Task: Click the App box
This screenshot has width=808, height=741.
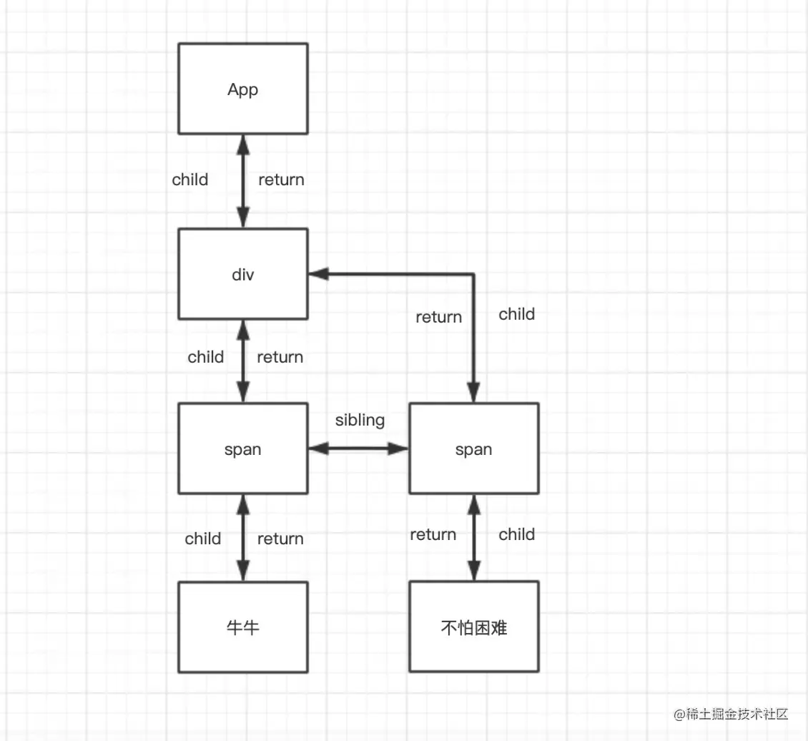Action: [x=243, y=89]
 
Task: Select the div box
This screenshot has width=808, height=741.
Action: [x=243, y=274]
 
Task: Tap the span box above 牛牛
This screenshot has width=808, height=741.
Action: [x=243, y=449]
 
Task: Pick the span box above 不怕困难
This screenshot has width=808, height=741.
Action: [x=473, y=449]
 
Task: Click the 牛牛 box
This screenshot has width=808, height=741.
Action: [x=243, y=627]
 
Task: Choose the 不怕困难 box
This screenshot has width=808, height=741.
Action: [x=473, y=627]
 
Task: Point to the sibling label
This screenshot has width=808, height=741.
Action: [x=360, y=420]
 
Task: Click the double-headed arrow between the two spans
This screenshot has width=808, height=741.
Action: [x=358, y=449]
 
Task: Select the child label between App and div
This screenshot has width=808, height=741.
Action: [x=190, y=180]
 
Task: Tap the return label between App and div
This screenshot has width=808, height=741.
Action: [x=281, y=180]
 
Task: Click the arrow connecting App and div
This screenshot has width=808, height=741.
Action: [x=243, y=181]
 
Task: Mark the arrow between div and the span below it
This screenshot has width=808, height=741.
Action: [x=243, y=361]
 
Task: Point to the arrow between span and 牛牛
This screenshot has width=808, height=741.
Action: [x=243, y=538]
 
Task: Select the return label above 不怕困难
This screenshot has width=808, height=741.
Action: [x=433, y=534]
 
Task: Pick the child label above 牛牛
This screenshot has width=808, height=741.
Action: [x=203, y=539]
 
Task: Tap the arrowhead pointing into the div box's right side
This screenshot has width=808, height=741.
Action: [x=317, y=274]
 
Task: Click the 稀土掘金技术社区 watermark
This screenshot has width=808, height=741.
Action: [x=730, y=714]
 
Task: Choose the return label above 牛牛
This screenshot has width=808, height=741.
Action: [x=280, y=539]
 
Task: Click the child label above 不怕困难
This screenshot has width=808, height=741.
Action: [x=516, y=534]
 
